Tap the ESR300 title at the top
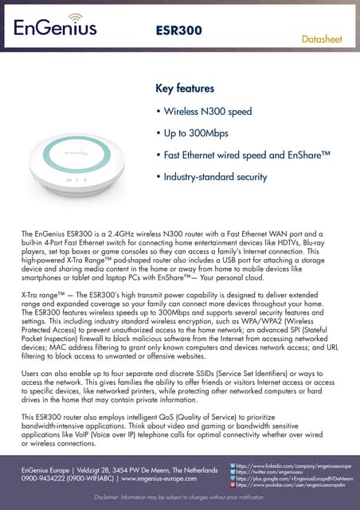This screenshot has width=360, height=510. (x=179, y=30)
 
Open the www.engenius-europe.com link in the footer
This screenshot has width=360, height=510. (x=158, y=479)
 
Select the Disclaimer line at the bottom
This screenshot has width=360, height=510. (x=179, y=497)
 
